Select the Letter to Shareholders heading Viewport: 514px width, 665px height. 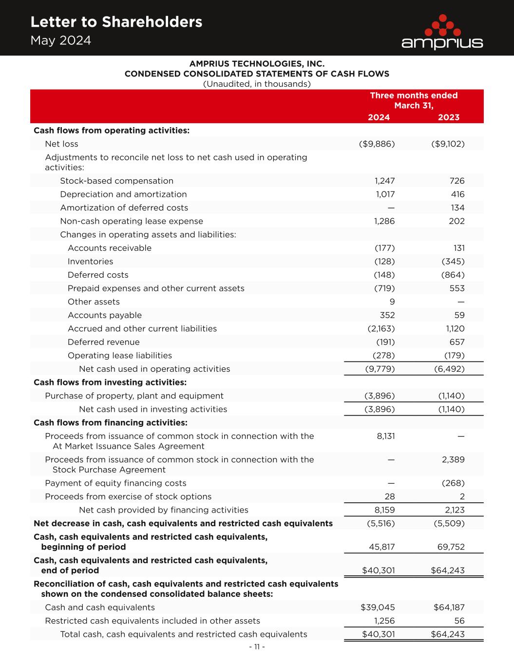coord(116,22)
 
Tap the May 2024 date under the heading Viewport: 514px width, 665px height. coord(60,40)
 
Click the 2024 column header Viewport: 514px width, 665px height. coord(379,117)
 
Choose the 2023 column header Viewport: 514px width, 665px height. coord(448,117)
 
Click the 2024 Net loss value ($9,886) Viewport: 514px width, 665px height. coord(377,144)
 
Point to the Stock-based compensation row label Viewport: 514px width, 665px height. coord(116,181)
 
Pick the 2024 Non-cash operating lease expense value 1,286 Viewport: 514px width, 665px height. coord(384,221)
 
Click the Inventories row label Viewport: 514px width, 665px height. coord(90,262)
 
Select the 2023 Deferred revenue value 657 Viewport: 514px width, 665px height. coord(457,342)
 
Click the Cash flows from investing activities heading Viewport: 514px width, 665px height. coord(110,382)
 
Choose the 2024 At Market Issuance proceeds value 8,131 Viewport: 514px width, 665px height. coord(386,436)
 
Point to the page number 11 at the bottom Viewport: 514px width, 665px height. coord(257,647)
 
